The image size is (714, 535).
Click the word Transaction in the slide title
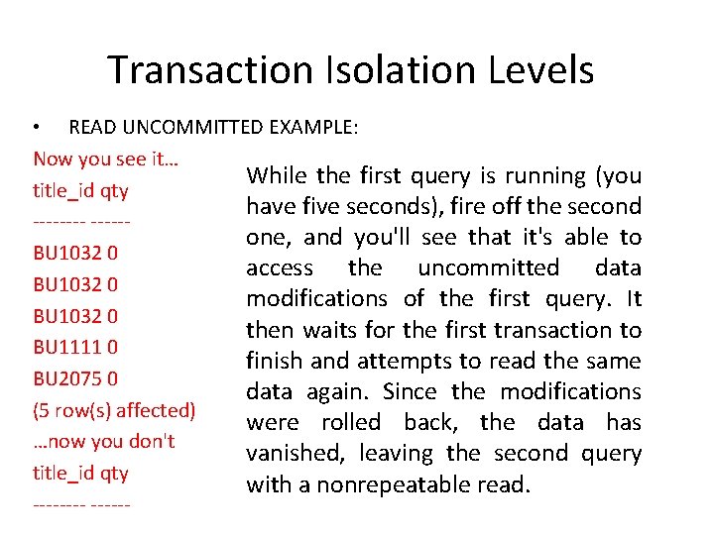pyautogui.click(x=209, y=70)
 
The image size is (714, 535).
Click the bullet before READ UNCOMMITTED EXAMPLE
pyautogui.click(x=37, y=128)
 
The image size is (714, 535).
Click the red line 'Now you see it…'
pyautogui.click(x=105, y=159)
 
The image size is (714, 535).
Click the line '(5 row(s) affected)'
pyautogui.click(x=114, y=409)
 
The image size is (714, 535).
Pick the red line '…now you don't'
pyautogui.click(x=103, y=441)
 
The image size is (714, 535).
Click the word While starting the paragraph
pyautogui.click(x=277, y=176)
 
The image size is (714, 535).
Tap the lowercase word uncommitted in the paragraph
pyautogui.click(x=488, y=268)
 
